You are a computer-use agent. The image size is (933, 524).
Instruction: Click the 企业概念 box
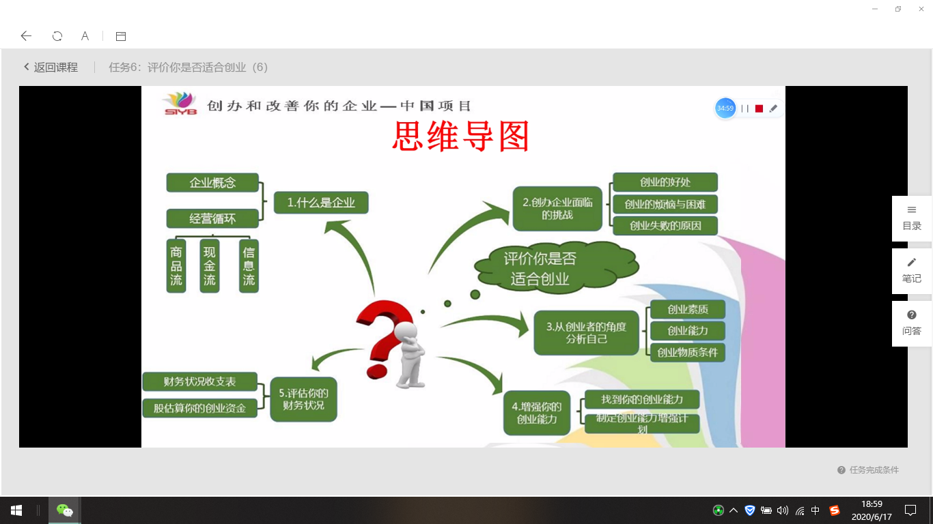[212, 183]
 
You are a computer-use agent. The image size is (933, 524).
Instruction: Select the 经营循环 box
[212, 218]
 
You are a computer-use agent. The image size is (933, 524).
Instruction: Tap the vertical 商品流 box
[176, 266]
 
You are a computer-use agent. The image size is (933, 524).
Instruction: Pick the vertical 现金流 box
[210, 266]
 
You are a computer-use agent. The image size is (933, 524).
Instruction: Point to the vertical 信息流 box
[249, 266]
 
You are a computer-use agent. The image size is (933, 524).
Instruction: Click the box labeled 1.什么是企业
[321, 203]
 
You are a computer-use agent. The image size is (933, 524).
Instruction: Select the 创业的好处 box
[665, 182]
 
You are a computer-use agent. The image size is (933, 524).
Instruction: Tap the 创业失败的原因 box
[665, 226]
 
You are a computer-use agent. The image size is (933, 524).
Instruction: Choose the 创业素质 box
[688, 309]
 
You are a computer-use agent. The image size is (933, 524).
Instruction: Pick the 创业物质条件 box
[688, 353]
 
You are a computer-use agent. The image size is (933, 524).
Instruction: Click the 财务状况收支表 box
[200, 381]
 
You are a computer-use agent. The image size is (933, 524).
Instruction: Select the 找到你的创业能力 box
[642, 400]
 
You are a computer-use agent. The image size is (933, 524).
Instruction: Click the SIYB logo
[180, 103]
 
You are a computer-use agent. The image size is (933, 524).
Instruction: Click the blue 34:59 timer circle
[725, 108]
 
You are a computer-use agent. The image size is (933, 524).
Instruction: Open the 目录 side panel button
[911, 218]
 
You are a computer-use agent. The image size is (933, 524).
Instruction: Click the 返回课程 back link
[51, 67]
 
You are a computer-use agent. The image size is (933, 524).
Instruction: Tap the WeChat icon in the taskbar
[65, 510]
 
